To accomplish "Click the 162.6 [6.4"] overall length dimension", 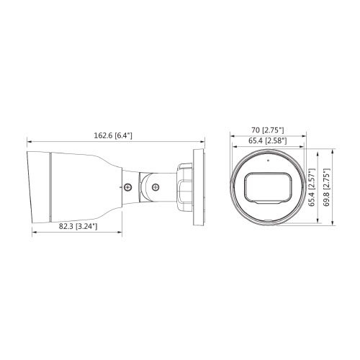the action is click(113, 135).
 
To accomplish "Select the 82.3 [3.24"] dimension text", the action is click(78, 226).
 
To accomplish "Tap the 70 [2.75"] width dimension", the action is click(268, 130).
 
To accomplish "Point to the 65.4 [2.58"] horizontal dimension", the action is click(268, 140).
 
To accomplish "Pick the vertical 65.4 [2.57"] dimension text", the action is click(312, 187).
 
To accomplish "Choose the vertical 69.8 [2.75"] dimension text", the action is click(326, 187).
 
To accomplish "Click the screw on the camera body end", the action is click(127, 187).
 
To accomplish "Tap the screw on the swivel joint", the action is click(156, 187).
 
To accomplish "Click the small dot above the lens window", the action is click(268, 161).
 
